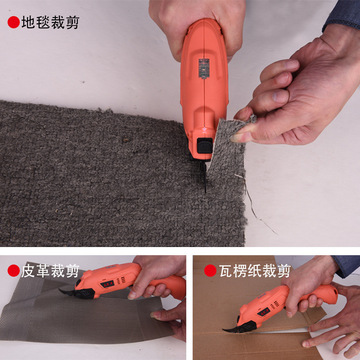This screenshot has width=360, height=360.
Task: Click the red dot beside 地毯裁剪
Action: coord(14,22)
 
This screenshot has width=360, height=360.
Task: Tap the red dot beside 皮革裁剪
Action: coord(14,270)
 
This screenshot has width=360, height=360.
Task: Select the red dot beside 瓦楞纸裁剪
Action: coord(210,270)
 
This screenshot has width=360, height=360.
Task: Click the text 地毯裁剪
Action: coord(50,22)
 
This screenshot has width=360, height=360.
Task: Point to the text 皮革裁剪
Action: coord(50,270)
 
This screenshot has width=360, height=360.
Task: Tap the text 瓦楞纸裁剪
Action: coord(255,270)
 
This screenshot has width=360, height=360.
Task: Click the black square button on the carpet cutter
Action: coord(204,145)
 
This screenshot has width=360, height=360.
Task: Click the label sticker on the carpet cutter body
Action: coord(204,68)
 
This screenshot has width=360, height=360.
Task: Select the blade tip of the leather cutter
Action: coord(60,291)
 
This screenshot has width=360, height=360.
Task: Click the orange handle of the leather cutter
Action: coord(167,286)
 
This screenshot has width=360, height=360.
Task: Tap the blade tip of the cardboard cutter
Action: coord(224,330)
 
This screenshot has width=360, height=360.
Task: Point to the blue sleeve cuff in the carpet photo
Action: coord(342,15)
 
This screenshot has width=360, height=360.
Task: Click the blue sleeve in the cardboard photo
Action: coord(347,265)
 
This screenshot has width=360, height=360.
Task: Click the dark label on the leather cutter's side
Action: coord(107,284)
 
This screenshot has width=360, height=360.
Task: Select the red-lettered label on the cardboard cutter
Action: coord(264,312)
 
